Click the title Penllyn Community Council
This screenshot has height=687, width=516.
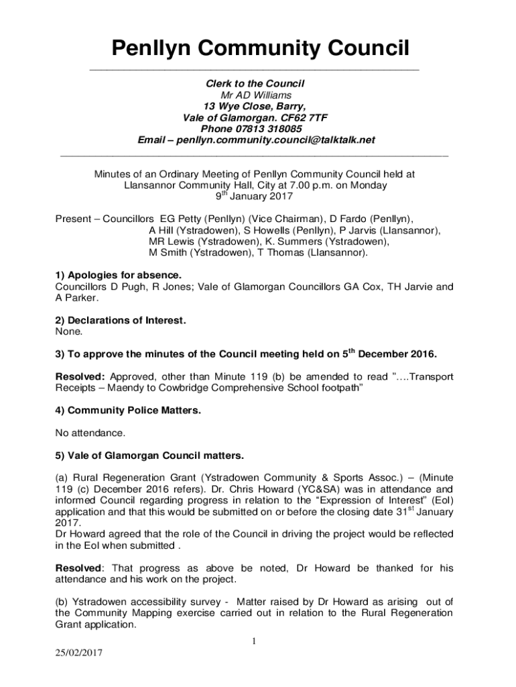click(x=259, y=48)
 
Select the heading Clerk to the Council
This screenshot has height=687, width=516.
click(x=255, y=83)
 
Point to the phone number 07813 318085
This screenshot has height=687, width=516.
click(x=271, y=129)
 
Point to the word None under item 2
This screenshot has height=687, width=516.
click(x=69, y=331)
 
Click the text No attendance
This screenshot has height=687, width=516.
click(x=90, y=433)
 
